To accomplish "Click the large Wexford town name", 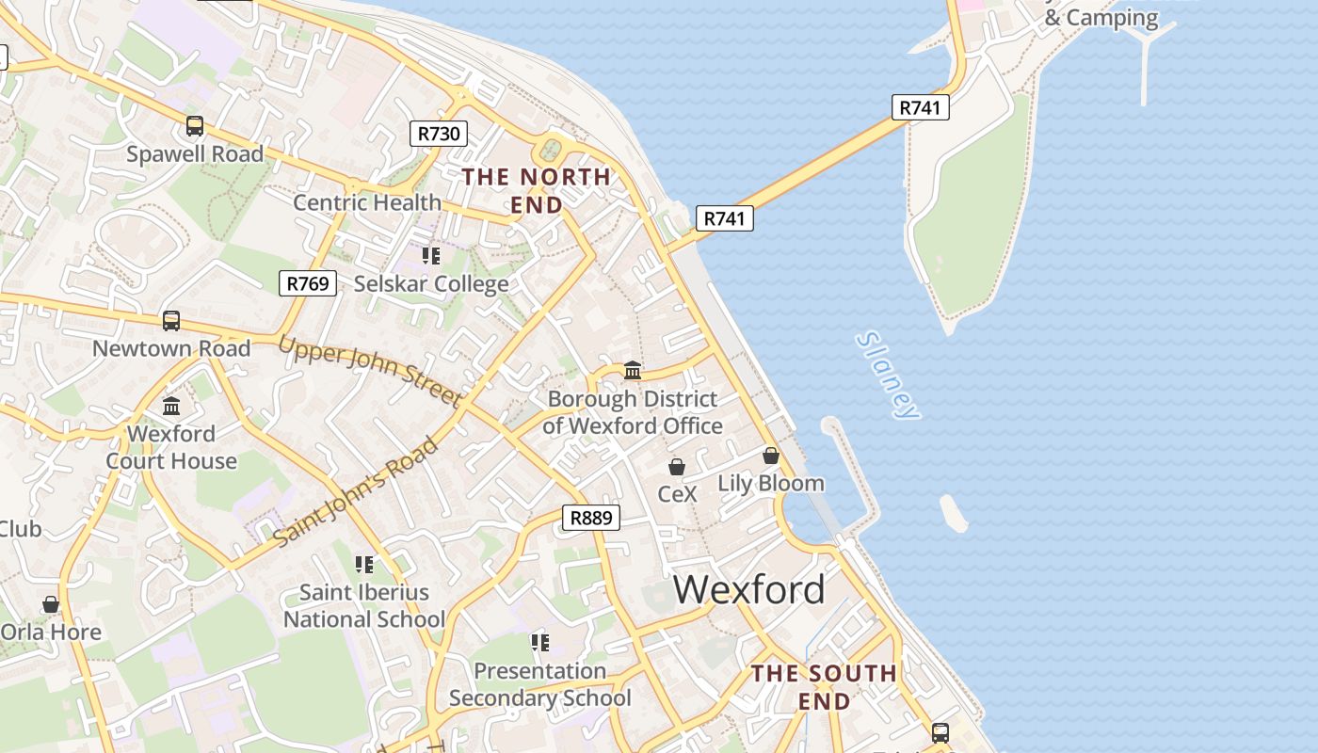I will coord(748,589).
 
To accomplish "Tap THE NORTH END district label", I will coord(536,190).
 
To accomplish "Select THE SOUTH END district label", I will coord(824,686).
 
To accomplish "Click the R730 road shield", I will coord(439,134).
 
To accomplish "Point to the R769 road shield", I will coord(308,282).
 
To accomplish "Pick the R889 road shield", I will coord(591,517).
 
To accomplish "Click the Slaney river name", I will coord(887,375).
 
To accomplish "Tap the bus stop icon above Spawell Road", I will coord(195,125).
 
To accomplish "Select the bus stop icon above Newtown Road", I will coord(171,320).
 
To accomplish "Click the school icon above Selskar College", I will coord(431,255).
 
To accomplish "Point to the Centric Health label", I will coord(367,202).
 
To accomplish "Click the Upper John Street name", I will coord(369,372).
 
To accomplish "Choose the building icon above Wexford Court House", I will coord(171,406).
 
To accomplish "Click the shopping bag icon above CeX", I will coord(676,466).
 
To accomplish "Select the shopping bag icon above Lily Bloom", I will coord(771,456).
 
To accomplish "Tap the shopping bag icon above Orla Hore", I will coord(51,604).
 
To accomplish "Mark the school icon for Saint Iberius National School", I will coord(364,565).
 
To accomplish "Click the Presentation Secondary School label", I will coord(539,684).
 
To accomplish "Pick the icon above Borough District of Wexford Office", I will coord(633,371).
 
